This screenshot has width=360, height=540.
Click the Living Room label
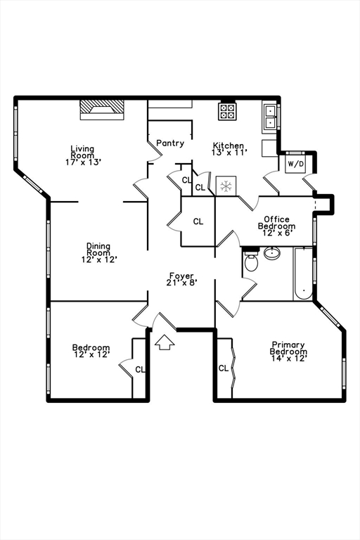82,152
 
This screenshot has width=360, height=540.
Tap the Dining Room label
98,250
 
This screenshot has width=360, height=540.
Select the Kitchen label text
229,146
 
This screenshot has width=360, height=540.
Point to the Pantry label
170,143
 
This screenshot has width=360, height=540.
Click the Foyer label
181,276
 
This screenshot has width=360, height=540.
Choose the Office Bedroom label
276,223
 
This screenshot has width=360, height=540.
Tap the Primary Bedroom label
289,349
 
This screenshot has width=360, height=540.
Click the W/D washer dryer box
295,165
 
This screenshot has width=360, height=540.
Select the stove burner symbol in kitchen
227,110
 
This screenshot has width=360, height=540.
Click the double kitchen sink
270,116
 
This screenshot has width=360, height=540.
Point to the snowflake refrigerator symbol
226,186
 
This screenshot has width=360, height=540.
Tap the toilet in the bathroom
251,264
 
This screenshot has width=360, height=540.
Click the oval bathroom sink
272,253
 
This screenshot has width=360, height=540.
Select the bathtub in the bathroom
302,274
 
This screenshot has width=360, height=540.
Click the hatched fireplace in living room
101,107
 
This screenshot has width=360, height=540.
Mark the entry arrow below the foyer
165,342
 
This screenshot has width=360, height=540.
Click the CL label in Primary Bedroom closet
223,368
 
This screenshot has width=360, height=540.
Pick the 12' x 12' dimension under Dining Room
98,259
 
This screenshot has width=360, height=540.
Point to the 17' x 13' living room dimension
82,162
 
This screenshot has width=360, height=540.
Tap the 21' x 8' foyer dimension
181,283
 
